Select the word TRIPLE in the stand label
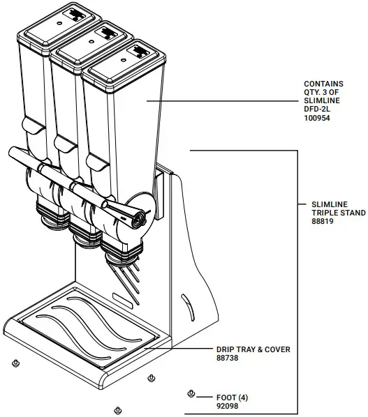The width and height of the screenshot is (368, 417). pyautogui.click(x=325, y=213)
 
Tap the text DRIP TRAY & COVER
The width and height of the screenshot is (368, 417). pyautogui.click(x=253, y=349)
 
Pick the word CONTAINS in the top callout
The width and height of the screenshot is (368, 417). pyautogui.click(x=323, y=83)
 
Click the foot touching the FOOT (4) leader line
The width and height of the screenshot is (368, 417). pyautogui.click(x=191, y=395)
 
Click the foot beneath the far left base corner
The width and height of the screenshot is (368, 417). pyautogui.click(x=15, y=363)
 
